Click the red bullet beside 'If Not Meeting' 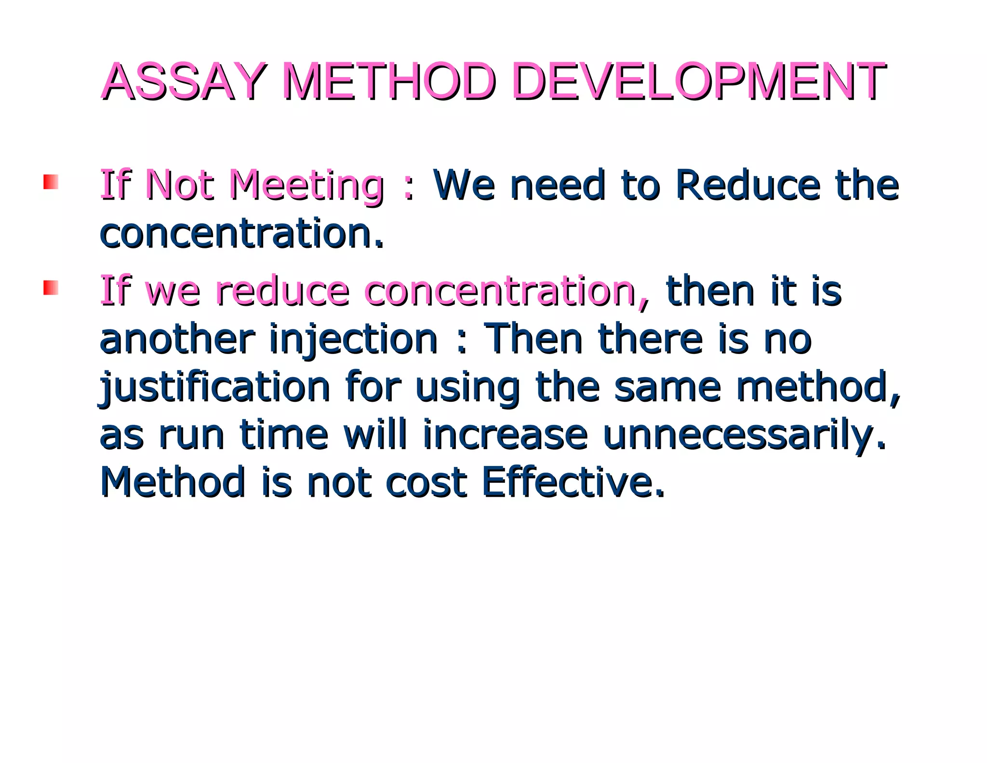point(51,182)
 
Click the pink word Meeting point(307,186)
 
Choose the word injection point(353,340)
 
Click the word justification point(214,387)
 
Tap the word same point(667,387)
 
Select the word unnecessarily point(744,436)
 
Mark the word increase point(505,435)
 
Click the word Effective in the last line point(573,482)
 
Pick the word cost point(426,482)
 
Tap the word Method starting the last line point(173,482)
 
